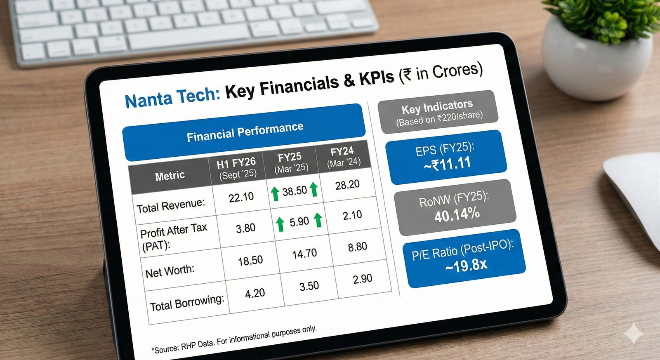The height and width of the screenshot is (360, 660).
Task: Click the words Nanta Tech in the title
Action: tap(173, 98)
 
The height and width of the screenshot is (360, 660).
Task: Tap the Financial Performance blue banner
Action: tap(244, 132)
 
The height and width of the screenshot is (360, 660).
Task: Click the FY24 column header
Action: tap(343, 156)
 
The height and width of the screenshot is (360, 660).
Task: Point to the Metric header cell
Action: tap(170, 176)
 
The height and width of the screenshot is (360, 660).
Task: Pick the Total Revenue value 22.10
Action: tap(241, 197)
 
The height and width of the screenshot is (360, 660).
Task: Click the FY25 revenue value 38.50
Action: tap(295, 191)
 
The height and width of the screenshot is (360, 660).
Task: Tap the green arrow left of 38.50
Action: tap(275, 194)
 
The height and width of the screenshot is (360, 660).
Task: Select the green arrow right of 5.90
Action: tap(318, 220)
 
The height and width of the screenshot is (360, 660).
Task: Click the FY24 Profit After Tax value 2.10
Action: tap(352, 215)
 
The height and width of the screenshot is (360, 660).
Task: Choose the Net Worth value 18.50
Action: tap(250, 261)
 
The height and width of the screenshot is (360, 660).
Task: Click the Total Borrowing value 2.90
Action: tap(363, 279)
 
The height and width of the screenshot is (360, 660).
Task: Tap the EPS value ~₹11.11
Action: tap(447, 164)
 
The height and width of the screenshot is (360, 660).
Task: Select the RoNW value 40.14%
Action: tap(457, 214)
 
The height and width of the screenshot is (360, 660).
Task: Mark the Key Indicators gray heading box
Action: tap(438, 112)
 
